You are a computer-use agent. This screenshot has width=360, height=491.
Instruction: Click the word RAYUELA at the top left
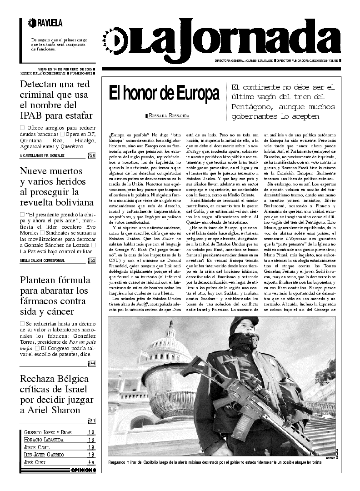tap(50, 23)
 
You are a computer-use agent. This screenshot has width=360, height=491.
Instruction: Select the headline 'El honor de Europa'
tap(164, 94)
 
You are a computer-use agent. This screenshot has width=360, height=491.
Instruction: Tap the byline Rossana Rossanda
tap(169, 116)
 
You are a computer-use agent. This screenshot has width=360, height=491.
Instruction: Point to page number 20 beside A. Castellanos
tap(92, 156)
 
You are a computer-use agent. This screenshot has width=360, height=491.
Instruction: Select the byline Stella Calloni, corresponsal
tap(42, 260)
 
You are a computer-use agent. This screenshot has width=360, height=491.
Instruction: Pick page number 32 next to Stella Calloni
tap(92, 261)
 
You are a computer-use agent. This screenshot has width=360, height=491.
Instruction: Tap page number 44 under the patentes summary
tap(92, 363)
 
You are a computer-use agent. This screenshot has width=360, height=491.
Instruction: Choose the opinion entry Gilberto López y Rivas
tap(48, 432)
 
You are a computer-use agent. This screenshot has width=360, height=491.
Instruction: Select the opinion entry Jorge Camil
tap(37, 447)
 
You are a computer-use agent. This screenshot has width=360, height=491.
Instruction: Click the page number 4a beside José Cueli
tap(91, 462)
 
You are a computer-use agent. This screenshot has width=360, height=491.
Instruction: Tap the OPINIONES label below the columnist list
tap(84, 470)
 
